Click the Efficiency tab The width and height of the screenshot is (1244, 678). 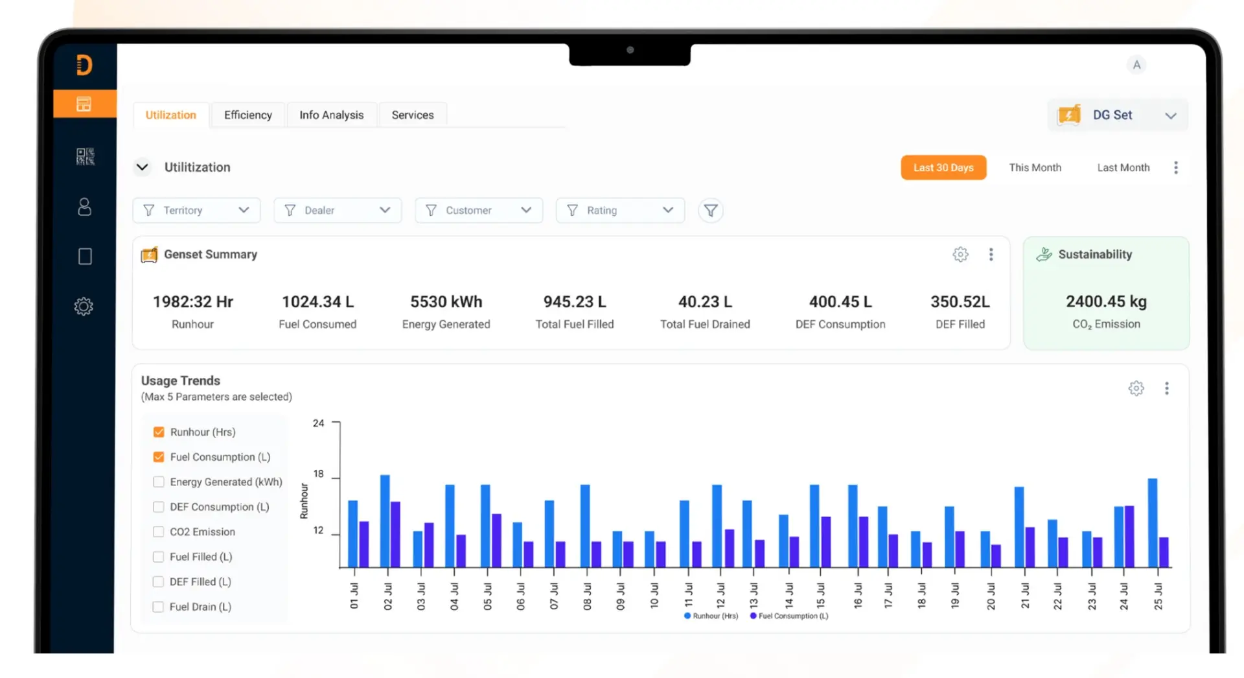[x=248, y=115]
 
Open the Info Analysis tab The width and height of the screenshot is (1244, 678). [x=331, y=115]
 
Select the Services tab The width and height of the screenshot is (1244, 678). [x=413, y=115]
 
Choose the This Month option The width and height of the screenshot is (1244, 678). [x=1035, y=167]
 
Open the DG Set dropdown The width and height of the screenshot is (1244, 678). [x=1118, y=115]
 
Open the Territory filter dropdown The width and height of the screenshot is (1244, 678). [x=196, y=210]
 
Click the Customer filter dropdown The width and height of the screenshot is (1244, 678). [x=479, y=210]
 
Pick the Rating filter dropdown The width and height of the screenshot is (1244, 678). [x=620, y=210]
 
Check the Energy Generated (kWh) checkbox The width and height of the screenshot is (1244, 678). [x=158, y=482]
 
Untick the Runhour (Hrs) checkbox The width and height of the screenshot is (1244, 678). [x=159, y=432]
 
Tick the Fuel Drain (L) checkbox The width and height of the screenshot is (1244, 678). [x=158, y=607]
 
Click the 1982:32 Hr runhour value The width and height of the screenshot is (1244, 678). [x=193, y=301]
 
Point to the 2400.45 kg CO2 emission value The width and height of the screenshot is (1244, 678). [x=1106, y=301]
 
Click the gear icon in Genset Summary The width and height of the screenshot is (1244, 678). [x=960, y=254]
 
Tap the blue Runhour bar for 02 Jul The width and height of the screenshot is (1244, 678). [x=385, y=521]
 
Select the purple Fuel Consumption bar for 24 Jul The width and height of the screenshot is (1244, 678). [x=1129, y=537]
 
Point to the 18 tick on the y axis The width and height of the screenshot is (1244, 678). [x=318, y=474]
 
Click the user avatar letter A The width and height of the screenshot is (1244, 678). [x=1136, y=65]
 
